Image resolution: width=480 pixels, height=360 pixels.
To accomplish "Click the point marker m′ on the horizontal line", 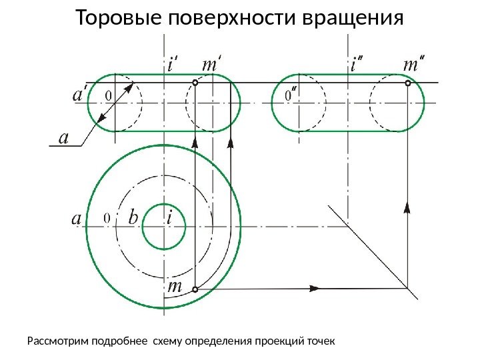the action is click(195, 83).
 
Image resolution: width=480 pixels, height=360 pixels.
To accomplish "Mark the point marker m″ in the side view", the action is click(408, 83).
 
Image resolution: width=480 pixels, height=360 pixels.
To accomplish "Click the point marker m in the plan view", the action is click(195, 289).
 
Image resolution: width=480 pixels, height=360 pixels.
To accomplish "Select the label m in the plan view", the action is click(175, 287).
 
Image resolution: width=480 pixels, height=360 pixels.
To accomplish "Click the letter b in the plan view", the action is click(133, 217).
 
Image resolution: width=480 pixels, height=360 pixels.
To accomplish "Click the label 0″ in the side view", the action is click(291, 97).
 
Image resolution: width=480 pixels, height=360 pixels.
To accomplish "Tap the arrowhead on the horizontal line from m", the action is click(315, 289).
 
